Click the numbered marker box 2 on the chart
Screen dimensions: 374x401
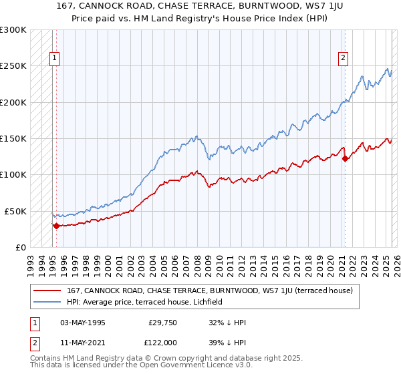click(343, 58)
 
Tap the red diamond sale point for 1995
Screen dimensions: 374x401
click(56, 226)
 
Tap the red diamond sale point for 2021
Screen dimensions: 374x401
click(345, 159)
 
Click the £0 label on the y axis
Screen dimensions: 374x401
click(20, 247)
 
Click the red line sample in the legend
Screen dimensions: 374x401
click(47, 290)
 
